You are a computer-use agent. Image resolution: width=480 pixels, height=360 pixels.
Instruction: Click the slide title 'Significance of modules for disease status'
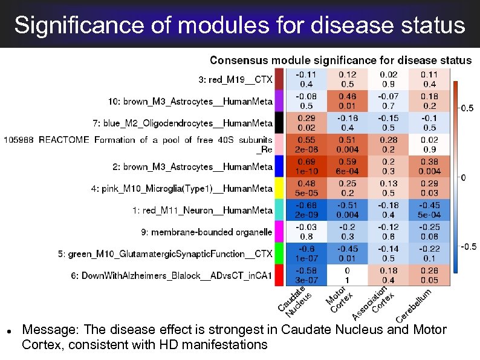pyautogui.click(x=240, y=25)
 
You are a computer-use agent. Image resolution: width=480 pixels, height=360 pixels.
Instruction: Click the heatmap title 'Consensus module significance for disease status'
pyautogui.click(x=340, y=61)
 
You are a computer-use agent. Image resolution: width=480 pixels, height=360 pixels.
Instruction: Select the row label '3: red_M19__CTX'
pyautogui.click(x=235, y=79)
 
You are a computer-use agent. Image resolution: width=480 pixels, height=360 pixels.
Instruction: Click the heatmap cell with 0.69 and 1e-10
pyautogui.click(x=305, y=166)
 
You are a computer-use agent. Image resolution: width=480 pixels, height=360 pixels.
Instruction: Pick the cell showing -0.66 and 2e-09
pyautogui.click(x=305, y=210)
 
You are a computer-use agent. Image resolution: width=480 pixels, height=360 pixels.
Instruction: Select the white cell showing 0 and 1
pyautogui.click(x=346, y=275)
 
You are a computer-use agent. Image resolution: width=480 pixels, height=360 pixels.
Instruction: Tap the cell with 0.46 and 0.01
pyautogui.click(x=346, y=101)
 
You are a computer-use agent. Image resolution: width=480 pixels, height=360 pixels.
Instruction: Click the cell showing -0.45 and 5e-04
pyautogui.click(x=429, y=210)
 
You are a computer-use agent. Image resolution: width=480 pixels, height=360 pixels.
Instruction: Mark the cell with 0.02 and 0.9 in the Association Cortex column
pyautogui.click(x=388, y=79)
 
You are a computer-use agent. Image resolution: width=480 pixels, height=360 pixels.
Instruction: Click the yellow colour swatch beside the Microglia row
pyautogui.click(x=279, y=188)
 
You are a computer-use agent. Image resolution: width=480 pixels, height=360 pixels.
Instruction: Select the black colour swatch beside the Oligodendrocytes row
pyautogui.click(x=279, y=123)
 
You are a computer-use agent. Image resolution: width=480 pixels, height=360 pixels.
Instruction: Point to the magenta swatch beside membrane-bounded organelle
pyautogui.click(x=279, y=232)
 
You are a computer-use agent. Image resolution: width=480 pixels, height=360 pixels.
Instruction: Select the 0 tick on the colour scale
pyautogui.click(x=463, y=178)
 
